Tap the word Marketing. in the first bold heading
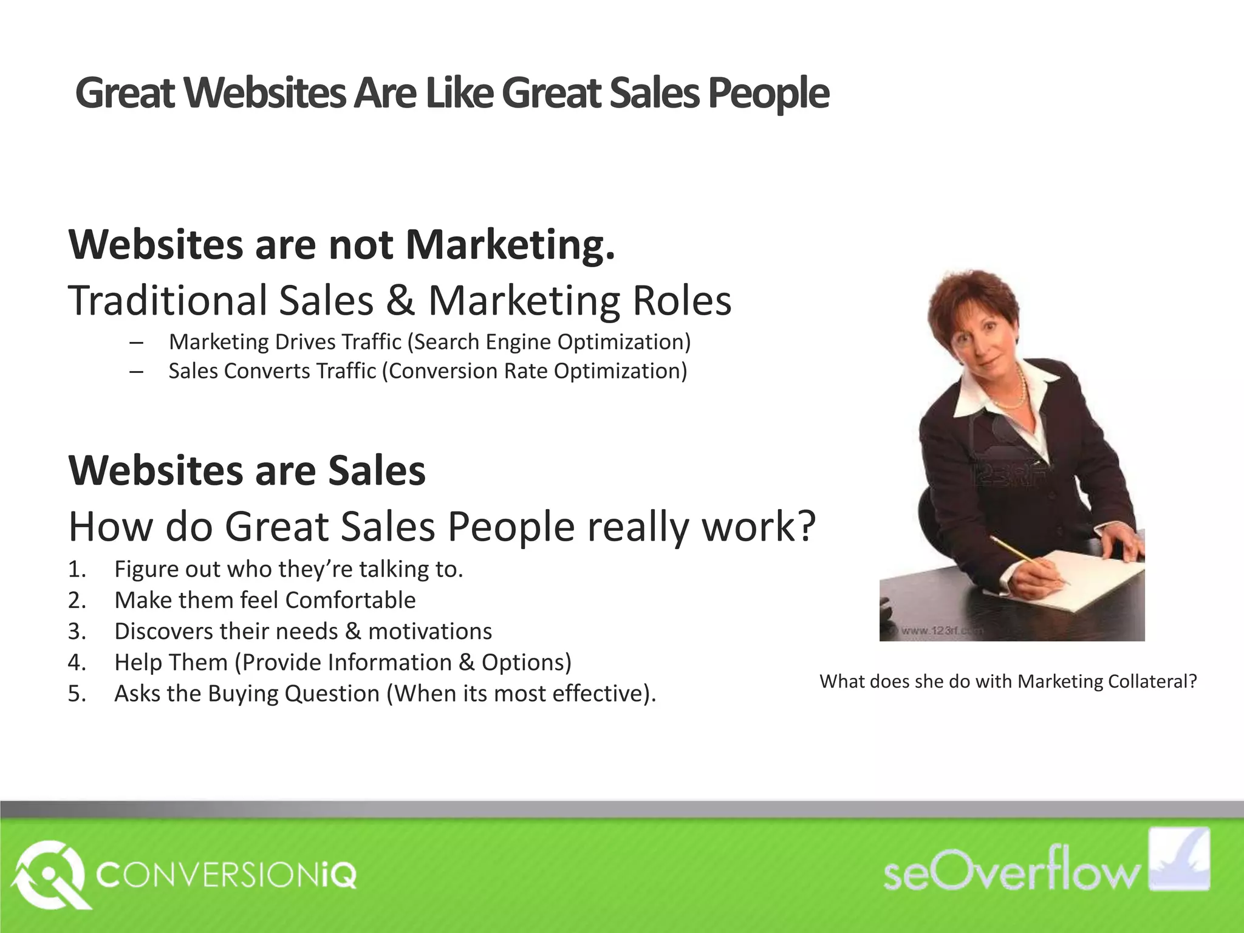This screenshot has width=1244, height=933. coord(510,244)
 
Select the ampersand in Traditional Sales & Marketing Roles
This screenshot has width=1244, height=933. coord(400,301)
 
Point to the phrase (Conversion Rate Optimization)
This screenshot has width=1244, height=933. coord(535,371)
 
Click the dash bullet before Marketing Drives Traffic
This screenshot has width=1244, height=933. coord(136,343)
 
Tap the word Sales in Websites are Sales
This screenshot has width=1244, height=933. coord(377,471)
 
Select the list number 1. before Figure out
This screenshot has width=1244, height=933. coord(77,570)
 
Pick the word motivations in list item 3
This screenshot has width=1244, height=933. coord(430,632)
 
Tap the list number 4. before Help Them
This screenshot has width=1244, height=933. coord(77,663)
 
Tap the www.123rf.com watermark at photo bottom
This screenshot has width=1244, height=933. coord(938,631)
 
